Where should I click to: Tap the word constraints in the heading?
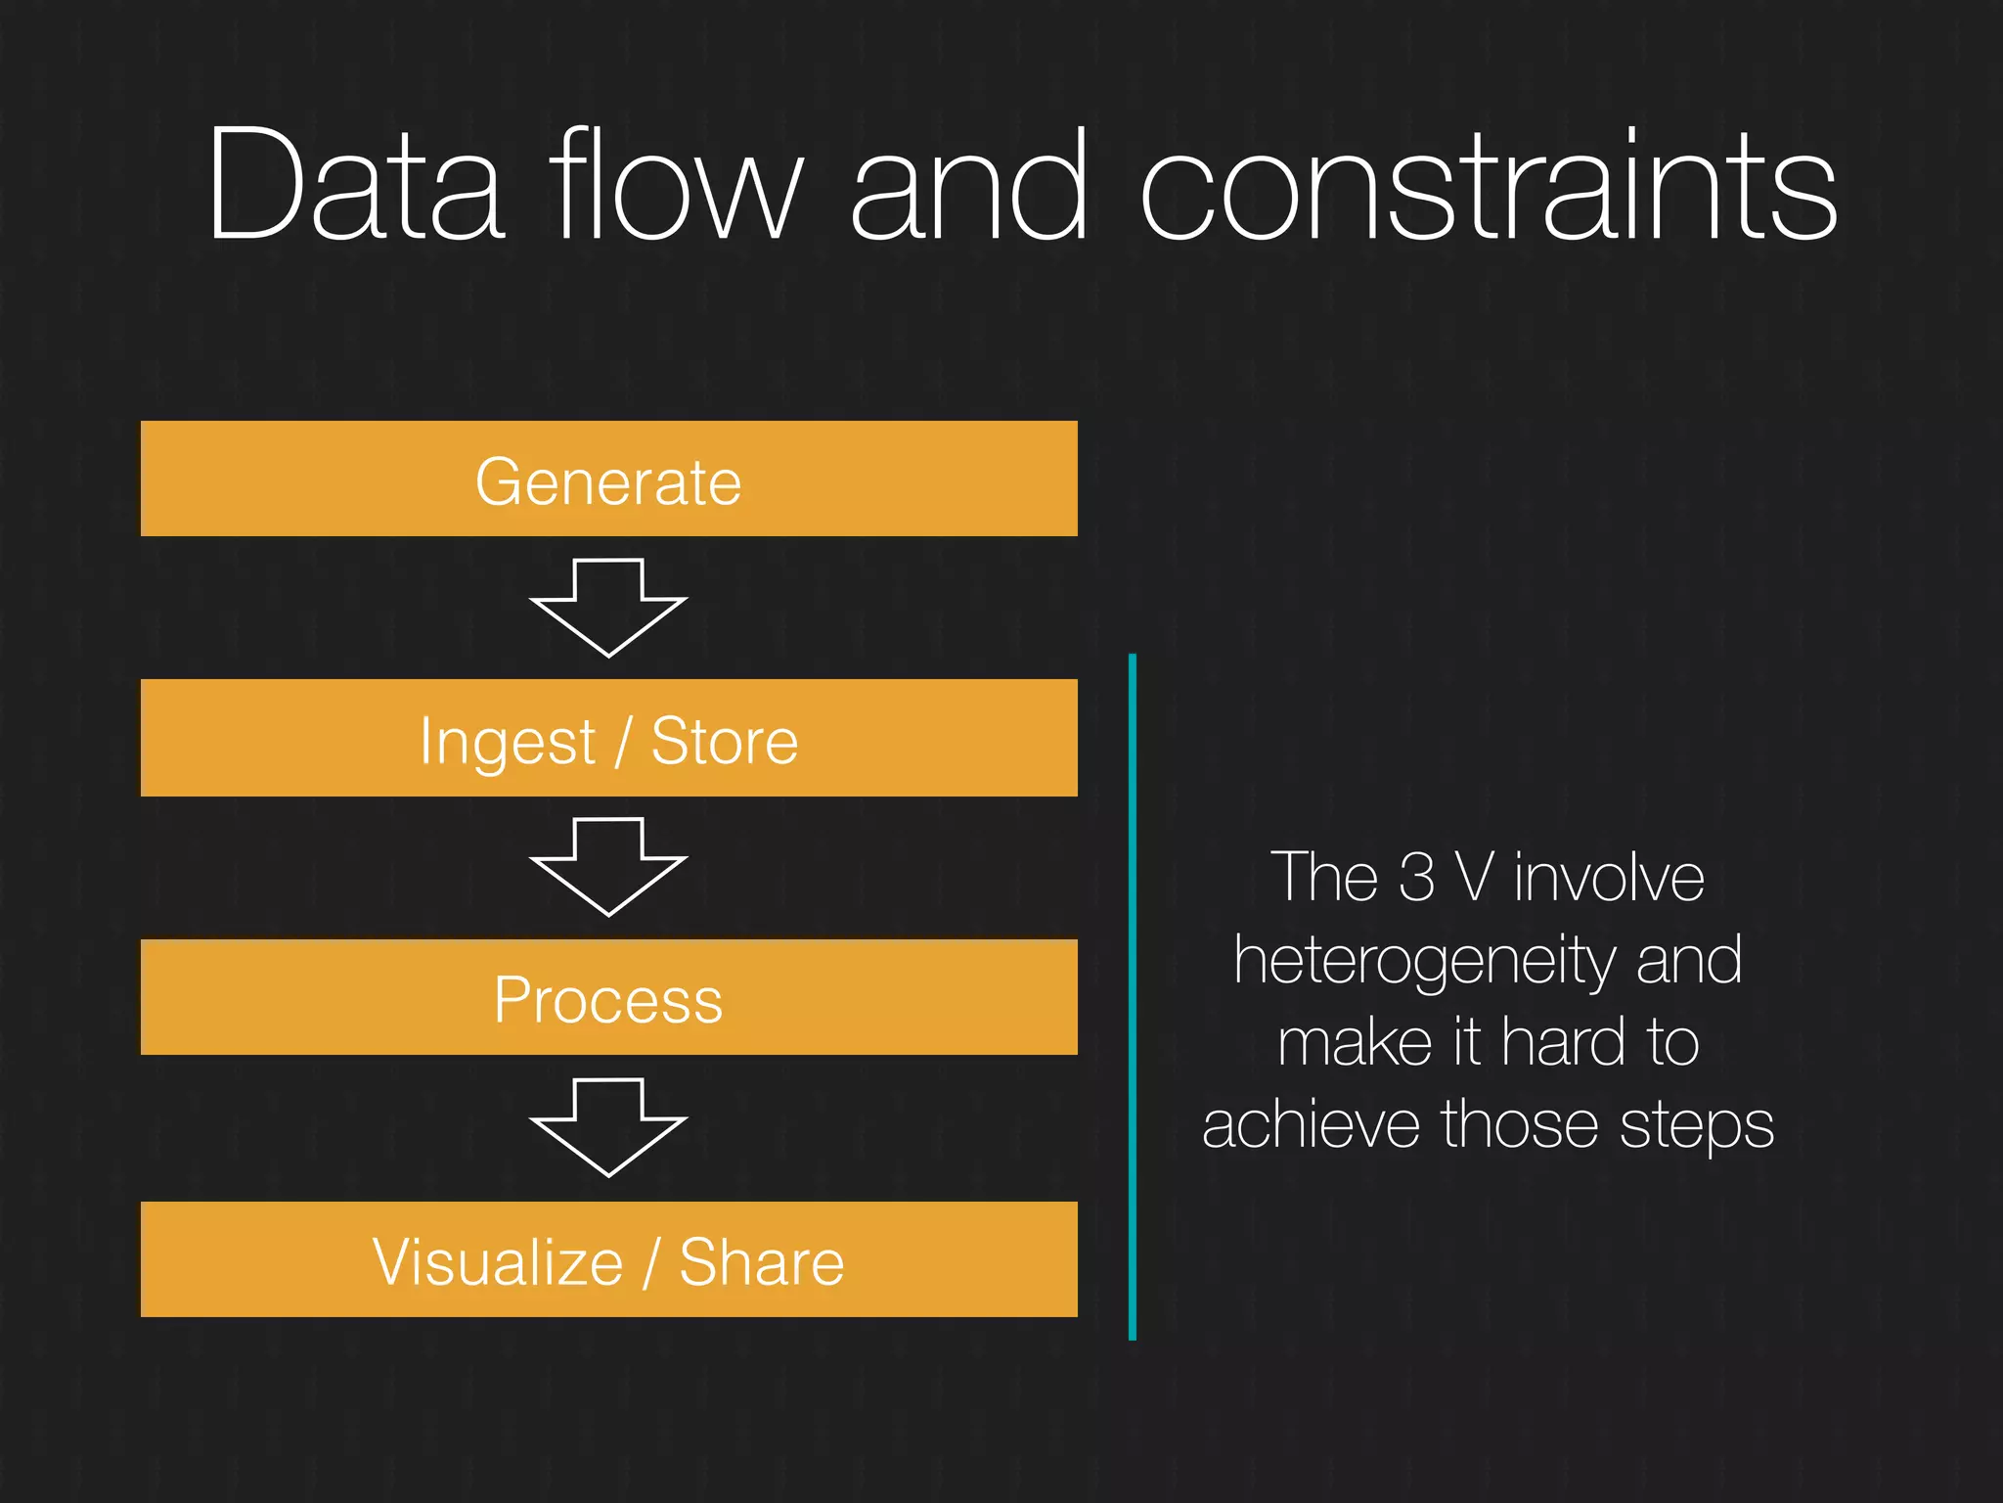pyautogui.click(x=1489, y=186)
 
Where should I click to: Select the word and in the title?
pyautogui.click(x=968, y=186)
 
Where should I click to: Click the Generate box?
pyautogui.click(x=608, y=479)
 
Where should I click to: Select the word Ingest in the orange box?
pyautogui.click(x=507, y=742)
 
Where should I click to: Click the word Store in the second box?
pyautogui.click(x=725, y=741)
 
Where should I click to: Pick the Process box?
pyautogui.click(x=608, y=998)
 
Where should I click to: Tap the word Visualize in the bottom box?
pyautogui.click(x=498, y=1261)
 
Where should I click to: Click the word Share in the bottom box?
pyautogui.click(x=761, y=1261)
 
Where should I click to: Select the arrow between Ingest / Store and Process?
pyautogui.click(x=608, y=867)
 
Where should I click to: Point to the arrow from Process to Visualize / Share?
pyautogui.click(x=608, y=1127)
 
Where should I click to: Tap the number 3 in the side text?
pyautogui.click(x=1417, y=877)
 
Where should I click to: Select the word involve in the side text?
pyautogui.click(x=1609, y=877)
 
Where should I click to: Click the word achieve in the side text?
pyautogui.click(x=1311, y=1124)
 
